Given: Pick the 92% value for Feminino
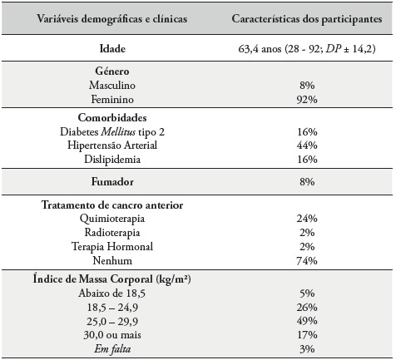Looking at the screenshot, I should point(306,100).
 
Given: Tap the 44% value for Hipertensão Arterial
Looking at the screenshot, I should point(306,145).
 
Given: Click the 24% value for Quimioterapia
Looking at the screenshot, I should point(306,219).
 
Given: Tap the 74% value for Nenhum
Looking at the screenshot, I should point(306,260).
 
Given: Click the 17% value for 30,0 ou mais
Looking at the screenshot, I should point(306,333).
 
